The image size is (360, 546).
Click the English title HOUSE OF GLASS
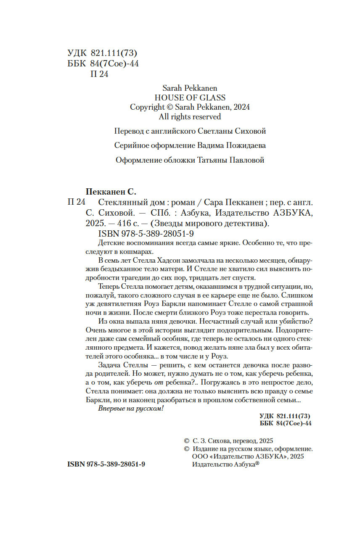click(190, 98)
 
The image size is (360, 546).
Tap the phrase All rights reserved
click(190, 116)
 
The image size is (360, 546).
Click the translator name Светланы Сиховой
click(231, 131)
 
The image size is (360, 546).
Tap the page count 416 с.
click(130, 223)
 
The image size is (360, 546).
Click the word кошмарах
click(137, 250)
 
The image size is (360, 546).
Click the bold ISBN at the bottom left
click(106, 464)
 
